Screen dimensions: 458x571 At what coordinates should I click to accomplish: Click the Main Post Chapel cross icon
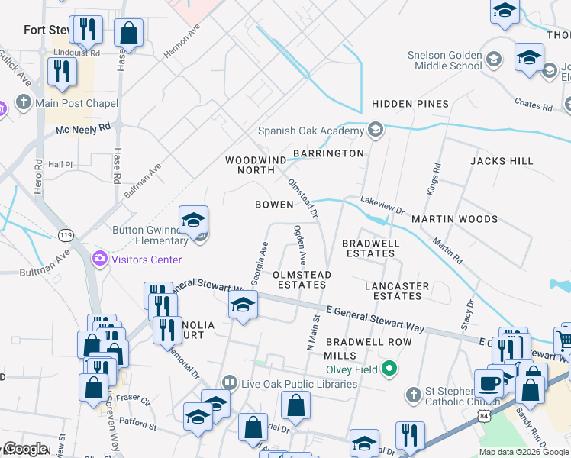point(23,103)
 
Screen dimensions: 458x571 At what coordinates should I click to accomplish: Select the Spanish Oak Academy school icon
point(375,131)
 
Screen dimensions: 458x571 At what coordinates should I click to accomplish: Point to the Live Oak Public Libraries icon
point(229,383)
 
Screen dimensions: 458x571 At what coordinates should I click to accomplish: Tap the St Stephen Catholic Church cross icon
point(413,395)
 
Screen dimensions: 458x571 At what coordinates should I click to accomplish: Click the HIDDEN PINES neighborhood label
point(410,104)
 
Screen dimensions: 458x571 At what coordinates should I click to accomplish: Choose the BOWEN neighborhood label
point(274,205)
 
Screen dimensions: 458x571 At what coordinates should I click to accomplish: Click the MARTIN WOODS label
point(454,219)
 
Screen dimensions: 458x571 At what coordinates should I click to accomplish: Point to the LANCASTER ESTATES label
point(397,291)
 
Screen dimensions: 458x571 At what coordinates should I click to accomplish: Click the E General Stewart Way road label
point(374,319)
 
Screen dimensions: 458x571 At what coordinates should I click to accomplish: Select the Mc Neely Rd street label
point(83,129)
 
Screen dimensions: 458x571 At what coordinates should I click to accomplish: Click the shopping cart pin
point(563,338)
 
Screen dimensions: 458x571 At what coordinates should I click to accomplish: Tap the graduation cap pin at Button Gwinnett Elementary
point(194,220)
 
